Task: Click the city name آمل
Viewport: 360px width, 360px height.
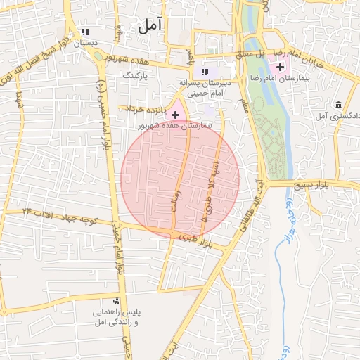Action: tap(150, 26)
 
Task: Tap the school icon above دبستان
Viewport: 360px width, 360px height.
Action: tap(86, 32)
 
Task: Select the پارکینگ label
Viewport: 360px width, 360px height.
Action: tap(136, 74)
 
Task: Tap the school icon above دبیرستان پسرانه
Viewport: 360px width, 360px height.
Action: tap(205, 72)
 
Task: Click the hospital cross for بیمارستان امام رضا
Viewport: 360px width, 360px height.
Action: tap(281, 67)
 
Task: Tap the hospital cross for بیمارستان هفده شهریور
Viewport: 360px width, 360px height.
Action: tap(175, 114)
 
